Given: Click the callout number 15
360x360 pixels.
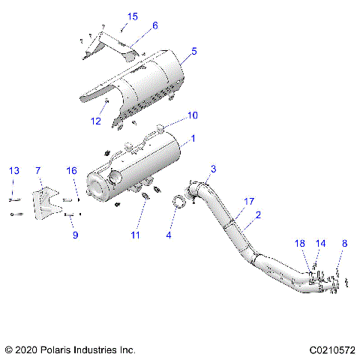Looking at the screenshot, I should coord(133,16).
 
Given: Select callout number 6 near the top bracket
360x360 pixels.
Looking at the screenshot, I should coord(154,25).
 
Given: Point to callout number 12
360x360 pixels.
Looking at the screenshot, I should coord(96,120).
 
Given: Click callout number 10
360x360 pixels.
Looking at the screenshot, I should coord(193,115).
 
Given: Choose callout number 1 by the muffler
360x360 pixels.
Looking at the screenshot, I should coord(193,139).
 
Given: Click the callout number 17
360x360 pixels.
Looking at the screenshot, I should coord(249,201).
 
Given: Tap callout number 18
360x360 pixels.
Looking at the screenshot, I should coord(300,244).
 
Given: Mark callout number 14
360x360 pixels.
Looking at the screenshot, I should coord(321,244).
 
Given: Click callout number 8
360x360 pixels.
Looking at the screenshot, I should coord(344,244).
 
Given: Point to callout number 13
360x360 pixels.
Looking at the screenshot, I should coord(13,171).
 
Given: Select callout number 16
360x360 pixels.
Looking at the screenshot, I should coord(72,171).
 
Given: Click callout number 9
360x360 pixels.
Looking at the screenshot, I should coord(75,235).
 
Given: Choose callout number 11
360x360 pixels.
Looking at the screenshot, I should coord(135,235).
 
